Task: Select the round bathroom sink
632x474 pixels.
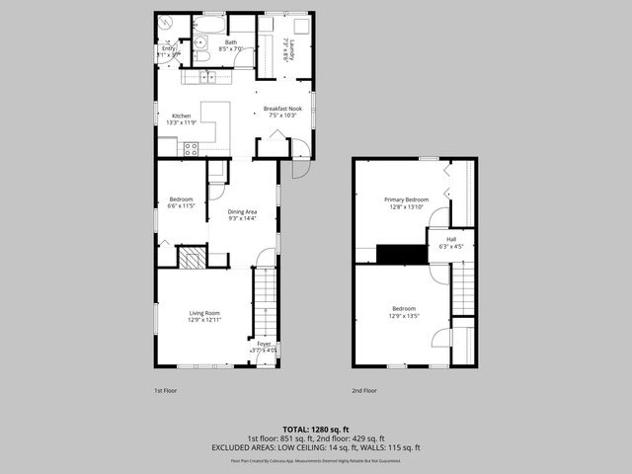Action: pos(198,42)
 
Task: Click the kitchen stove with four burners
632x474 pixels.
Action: pos(191,149)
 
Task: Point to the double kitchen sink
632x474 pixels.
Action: pos(207,77)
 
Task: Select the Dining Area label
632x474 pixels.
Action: pos(242,211)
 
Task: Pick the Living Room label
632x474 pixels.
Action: pos(204,312)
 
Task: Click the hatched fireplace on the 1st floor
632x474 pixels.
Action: pos(192,259)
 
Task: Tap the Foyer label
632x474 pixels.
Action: pos(264,343)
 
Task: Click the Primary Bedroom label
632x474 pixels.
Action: pos(404,199)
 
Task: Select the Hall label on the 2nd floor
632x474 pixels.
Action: pos(451,239)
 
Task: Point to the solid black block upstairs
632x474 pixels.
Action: pos(401,255)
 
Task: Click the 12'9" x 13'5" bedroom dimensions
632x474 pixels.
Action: pos(404,316)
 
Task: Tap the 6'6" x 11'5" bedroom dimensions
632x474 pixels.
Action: pos(182,205)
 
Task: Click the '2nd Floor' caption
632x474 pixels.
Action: pos(364,390)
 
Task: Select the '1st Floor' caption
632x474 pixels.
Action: pos(165,390)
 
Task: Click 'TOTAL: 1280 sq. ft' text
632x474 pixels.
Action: pos(315,430)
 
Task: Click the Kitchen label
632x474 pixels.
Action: pos(182,116)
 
